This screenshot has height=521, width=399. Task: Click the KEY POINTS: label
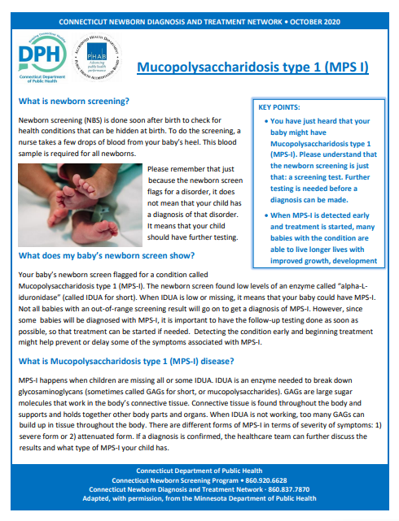[x=280, y=106]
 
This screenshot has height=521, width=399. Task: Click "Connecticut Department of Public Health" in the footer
[x=199, y=470]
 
